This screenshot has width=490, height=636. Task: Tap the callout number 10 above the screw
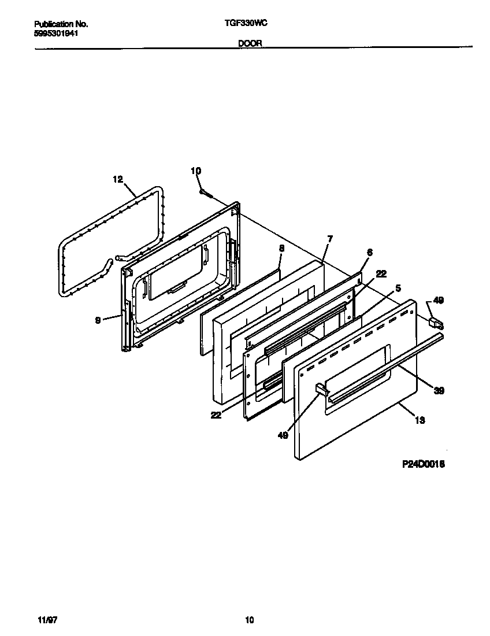196,171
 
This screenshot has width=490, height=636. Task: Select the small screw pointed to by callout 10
203,192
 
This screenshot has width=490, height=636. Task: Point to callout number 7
329,239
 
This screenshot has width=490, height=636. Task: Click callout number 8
281,249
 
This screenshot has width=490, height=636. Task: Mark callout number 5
398,287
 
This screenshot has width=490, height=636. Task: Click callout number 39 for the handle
439,391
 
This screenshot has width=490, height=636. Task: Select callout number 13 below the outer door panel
420,420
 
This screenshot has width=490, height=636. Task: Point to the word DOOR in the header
250,43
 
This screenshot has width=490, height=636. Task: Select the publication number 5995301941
57,34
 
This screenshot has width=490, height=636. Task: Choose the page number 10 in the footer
249,620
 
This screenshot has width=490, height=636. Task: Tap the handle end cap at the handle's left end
320,390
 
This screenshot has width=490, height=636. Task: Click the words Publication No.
61,24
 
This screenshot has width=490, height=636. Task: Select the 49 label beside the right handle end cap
439,300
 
